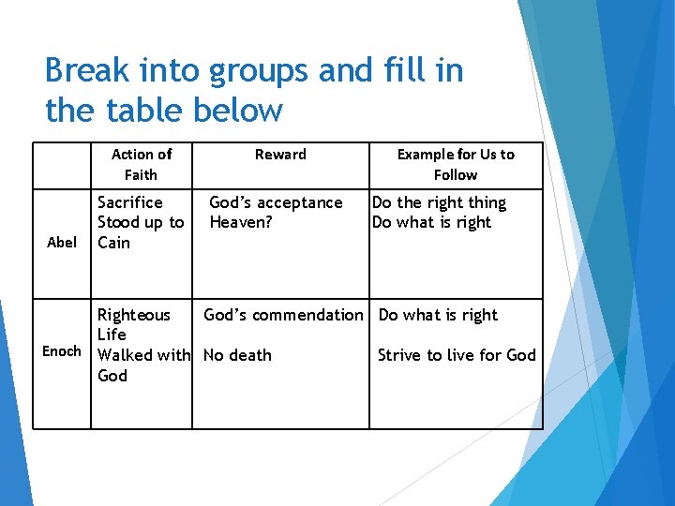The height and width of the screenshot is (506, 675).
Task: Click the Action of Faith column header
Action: coord(141,164)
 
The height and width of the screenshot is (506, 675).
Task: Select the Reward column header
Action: coord(280,155)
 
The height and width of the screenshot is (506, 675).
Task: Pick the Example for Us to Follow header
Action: coord(456,164)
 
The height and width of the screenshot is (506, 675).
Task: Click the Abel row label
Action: coord(62,243)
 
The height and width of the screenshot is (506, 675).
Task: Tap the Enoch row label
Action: coord(62,351)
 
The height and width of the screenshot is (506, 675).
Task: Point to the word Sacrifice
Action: coord(130,202)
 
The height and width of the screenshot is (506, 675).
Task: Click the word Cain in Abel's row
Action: coord(114,243)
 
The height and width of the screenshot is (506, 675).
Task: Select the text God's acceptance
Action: coord(276,202)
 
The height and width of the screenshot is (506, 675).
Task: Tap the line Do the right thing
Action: coord(439,202)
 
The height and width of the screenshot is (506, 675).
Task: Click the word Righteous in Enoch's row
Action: coord(134,315)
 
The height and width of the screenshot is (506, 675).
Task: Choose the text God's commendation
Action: coord(283,315)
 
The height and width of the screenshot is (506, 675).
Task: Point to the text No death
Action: coord(237,355)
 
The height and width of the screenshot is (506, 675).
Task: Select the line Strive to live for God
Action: coord(457,355)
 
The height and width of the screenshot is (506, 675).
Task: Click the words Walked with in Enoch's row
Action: coord(144,355)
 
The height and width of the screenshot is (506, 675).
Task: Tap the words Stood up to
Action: coord(141,222)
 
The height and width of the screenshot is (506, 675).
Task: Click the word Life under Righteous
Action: coord(112,335)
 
